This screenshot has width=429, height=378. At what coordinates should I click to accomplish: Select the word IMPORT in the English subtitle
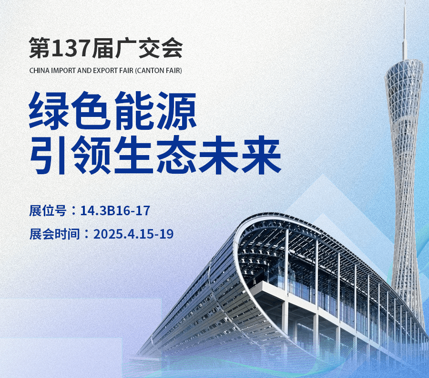pyautogui.click(x=63, y=70)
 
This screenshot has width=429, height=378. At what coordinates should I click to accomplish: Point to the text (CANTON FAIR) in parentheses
pyautogui.click(x=158, y=70)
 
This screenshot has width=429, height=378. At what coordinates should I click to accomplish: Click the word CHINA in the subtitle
pyautogui.click(x=40, y=70)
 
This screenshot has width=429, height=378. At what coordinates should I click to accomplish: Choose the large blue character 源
pyautogui.click(x=176, y=110)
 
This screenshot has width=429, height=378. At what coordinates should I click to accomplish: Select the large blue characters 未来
pyautogui.click(x=240, y=155)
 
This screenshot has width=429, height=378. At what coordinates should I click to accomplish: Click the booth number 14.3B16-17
pyautogui.click(x=115, y=210)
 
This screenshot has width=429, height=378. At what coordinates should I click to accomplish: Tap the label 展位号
pyautogui.click(x=48, y=210)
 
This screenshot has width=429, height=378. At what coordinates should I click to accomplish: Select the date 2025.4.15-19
pyautogui.click(x=133, y=234)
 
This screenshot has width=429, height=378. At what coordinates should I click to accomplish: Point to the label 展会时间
pyautogui.click(x=54, y=234)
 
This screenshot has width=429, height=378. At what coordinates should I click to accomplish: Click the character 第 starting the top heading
pyautogui.click(x=40, y=48)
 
